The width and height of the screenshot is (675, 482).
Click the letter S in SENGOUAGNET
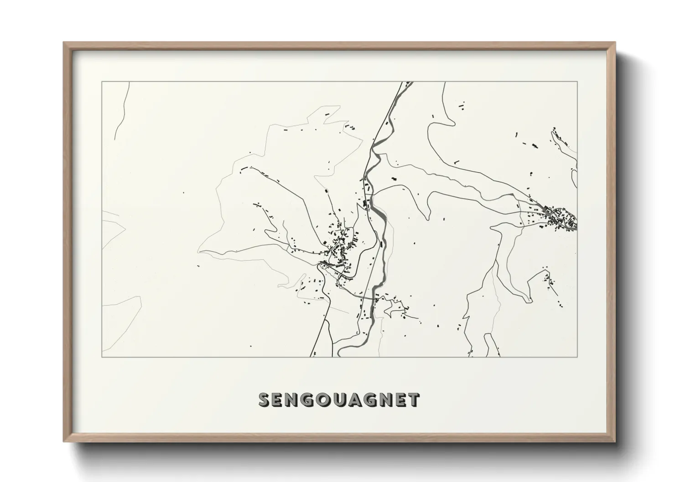(265, 400)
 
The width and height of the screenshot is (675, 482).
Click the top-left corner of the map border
(102, 82)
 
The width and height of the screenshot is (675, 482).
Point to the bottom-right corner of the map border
(577, 357)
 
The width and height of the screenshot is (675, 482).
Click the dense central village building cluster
(340, 248)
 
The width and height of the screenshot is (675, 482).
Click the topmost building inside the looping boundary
(325, 111)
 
